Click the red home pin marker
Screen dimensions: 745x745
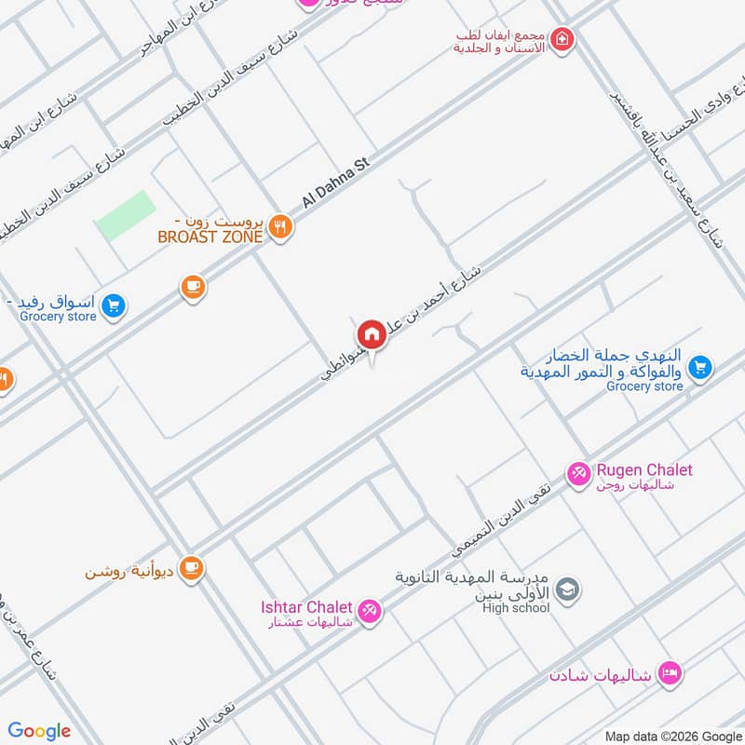point(371,334)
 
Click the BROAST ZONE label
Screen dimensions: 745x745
point(210,237)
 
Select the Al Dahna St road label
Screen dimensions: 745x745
point(335,183)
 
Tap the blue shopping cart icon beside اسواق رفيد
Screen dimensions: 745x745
point(113,305)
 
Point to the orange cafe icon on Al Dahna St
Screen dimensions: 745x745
point(193,287)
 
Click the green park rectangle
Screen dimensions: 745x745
point(125,215)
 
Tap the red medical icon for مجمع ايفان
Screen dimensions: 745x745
point(561,39)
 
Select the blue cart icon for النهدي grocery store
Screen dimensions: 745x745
point(701,368)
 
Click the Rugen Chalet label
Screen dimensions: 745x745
point(644,470)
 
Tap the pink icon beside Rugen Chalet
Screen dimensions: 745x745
point(578,475)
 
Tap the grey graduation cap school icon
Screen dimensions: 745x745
point(567,589)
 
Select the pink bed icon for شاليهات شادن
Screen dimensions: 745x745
point(669,671)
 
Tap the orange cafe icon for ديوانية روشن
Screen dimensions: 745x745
point(192,567)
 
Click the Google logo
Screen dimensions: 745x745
point(40,731)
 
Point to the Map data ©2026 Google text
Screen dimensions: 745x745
point(672,735)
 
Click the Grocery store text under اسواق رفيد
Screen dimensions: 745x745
point(58,317)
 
